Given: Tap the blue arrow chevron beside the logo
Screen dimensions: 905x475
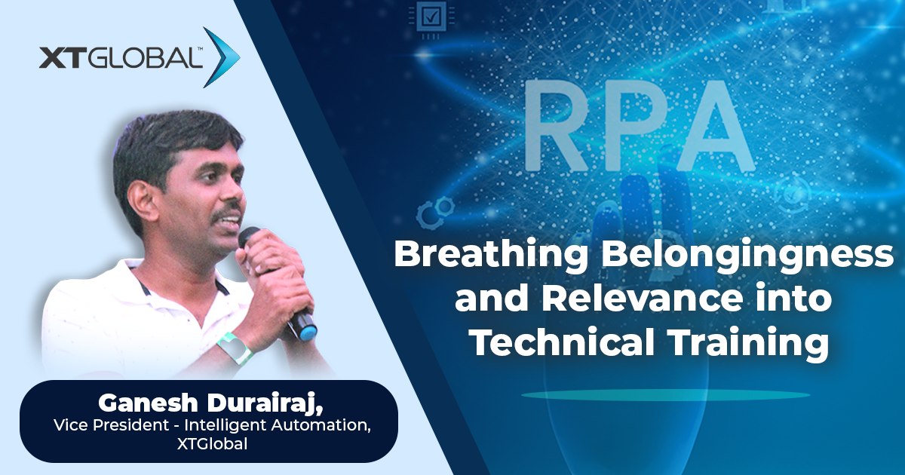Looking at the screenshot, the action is click(222, 57).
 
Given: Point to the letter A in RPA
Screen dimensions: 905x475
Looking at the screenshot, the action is click(714, 124).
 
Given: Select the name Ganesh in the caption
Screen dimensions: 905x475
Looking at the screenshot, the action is click(149, 403).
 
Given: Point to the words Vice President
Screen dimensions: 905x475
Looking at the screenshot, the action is click(112, 425).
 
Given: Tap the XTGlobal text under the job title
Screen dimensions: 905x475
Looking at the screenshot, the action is click(212, 444).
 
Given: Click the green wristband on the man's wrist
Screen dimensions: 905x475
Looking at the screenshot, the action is click(235, 348).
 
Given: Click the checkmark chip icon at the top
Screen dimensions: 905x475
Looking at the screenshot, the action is click(431, 19).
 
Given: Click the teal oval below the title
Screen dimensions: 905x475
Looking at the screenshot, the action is click(665, 394).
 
